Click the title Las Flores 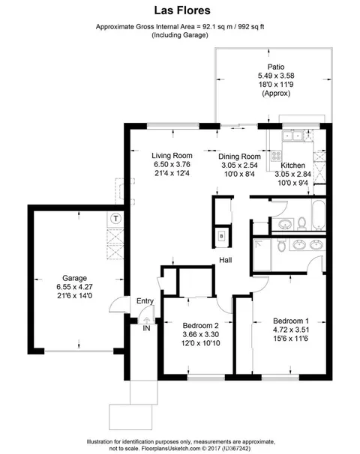click(x=180, y=11)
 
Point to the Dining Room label click(x=238, y=157)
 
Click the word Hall click(x=224, y=260)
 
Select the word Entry click(x=145, y=301)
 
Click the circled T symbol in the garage click(x=115, y=218)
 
